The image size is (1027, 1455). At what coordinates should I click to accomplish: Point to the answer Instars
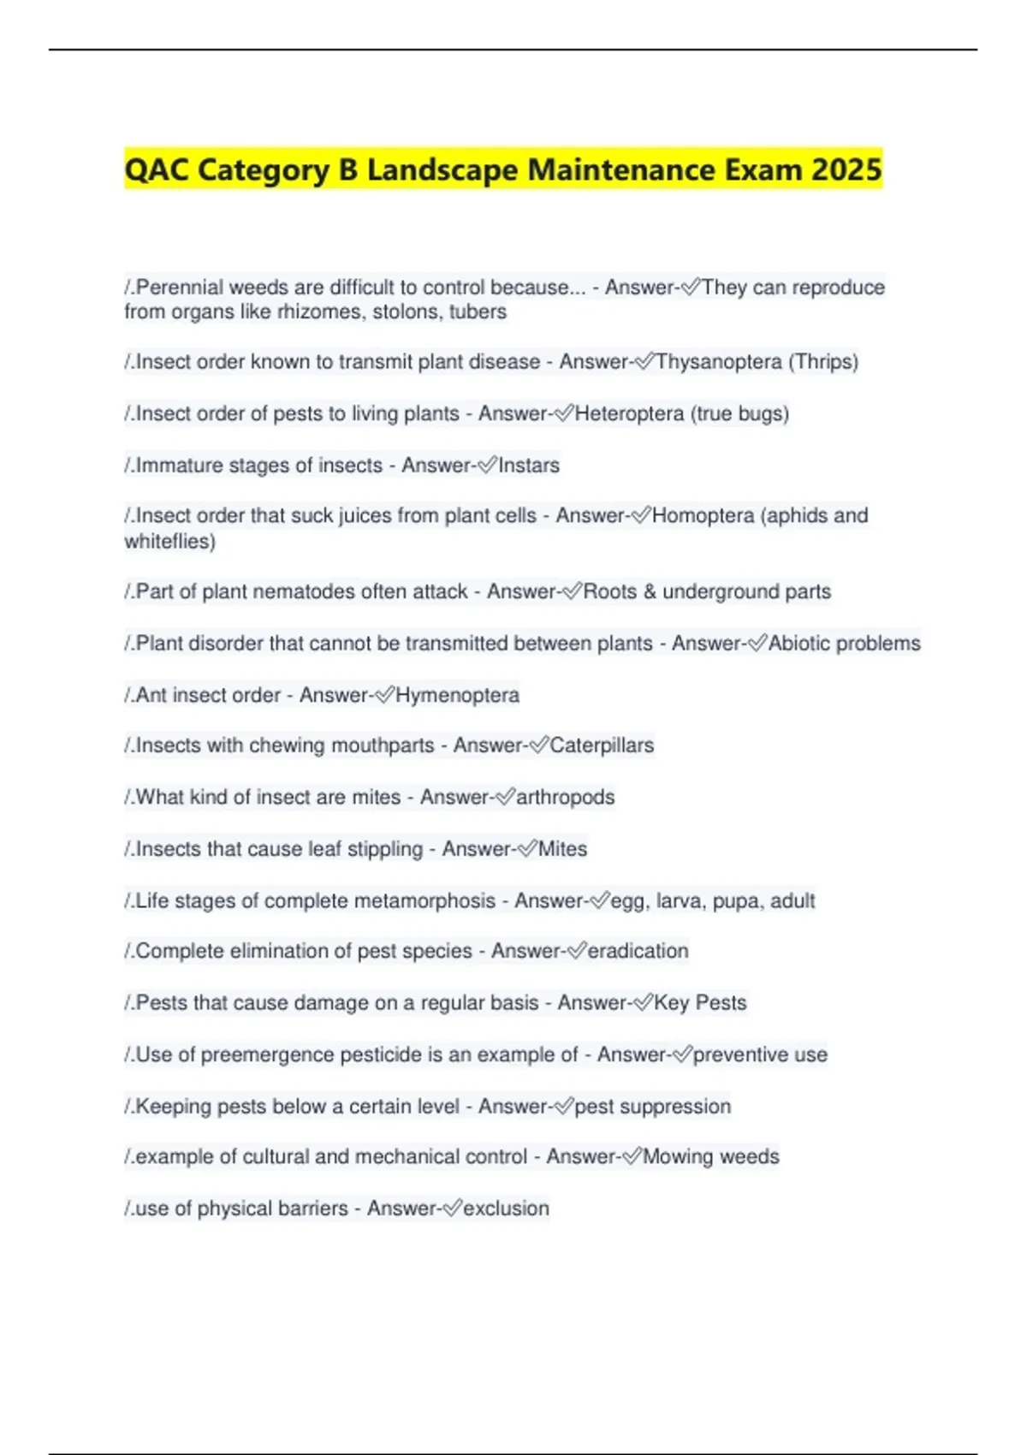529,466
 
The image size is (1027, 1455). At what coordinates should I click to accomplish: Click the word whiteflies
167,541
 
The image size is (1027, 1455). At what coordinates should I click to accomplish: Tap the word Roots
609,591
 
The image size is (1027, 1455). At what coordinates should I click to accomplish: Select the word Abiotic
799,643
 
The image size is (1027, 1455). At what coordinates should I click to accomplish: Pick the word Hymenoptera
457,695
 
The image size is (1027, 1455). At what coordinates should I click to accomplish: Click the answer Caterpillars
602,745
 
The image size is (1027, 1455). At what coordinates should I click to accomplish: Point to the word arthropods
565,797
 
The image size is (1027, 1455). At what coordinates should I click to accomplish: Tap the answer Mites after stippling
562,849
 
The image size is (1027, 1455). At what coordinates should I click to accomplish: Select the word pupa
736,900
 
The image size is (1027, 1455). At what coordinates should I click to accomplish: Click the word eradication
638,951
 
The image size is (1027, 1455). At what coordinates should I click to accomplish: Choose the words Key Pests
700,1002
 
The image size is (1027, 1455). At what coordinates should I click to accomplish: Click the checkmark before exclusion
451,1208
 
